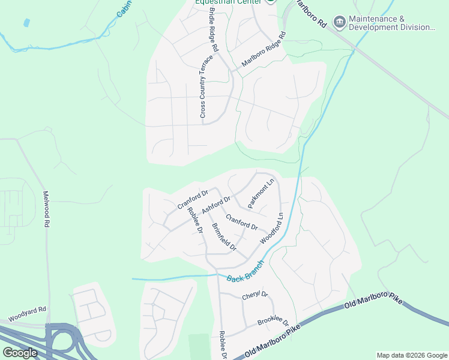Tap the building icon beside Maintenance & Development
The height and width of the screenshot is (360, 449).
click(x=340, y=23)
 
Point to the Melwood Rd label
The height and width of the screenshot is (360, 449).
click(x=46, y=209)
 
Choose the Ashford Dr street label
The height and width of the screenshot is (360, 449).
click(x=216, y=205)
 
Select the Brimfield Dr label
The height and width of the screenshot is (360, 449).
click(x=224, y=237)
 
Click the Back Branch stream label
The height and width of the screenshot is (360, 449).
click(x=246, y=270)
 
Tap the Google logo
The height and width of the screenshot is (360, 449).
click(x=20, y=353)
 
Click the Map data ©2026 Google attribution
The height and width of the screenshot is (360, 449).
click(x=411, y=355)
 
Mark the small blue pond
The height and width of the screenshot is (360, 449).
click(x=26, y=23)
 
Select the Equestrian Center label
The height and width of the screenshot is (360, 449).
click(x=229, y=2)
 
